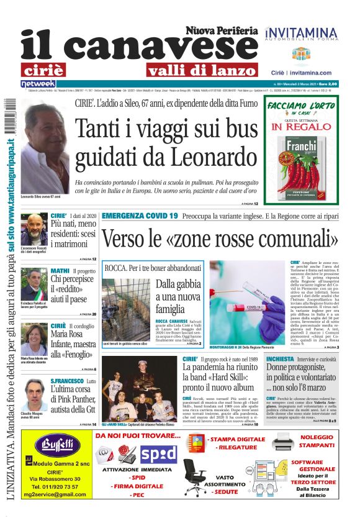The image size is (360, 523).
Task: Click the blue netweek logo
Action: (38, 83)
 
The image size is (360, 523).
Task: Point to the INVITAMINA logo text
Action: (302, 32)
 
